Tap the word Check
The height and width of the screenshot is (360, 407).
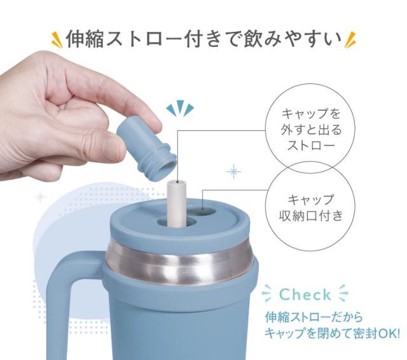[306, 294]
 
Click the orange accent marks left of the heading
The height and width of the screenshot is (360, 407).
[56, 40]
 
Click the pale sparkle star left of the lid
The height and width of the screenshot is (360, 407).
[40, 196]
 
